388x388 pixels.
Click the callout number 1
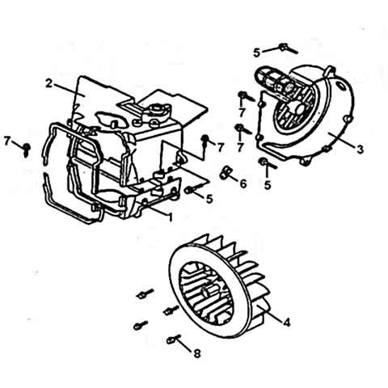[170, 217]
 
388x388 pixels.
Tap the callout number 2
[48, 83]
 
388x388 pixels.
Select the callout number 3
[360, 149]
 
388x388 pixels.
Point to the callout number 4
[287, 322]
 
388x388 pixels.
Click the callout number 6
[243, 183]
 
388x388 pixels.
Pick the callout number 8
[197, 353]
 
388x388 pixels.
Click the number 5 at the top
[257, 53]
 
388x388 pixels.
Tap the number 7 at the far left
[7, 141]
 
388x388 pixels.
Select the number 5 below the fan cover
[268, 185]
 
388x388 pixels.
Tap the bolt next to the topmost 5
[288, 48]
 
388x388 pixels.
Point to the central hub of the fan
[209, 291]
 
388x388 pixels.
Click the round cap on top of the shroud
[156, 110]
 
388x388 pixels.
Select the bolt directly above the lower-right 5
[267, 163]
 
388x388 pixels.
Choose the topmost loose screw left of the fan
[145, 293]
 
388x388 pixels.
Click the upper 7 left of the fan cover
[242, 113]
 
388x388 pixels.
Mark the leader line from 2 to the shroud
[69, 90]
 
